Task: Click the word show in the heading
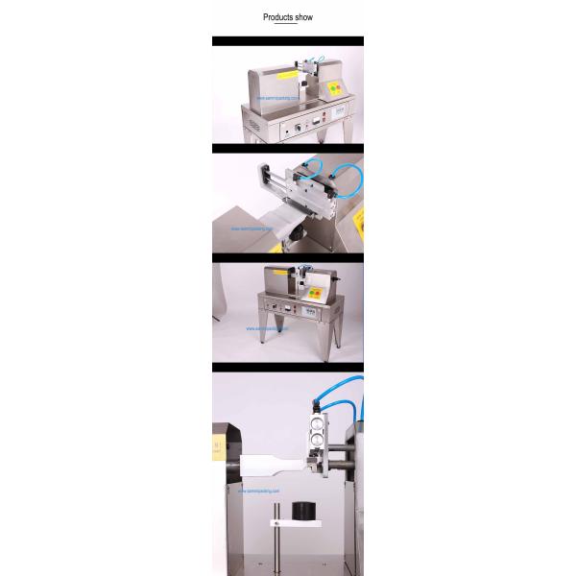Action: coord(303,17)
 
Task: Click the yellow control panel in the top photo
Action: coord(336,88)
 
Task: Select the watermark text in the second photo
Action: coord(253,229)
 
